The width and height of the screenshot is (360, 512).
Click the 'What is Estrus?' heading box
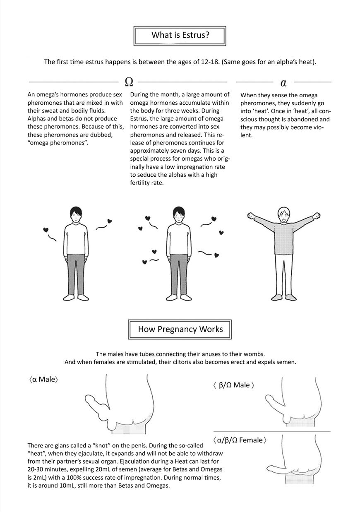(x=180, y=35)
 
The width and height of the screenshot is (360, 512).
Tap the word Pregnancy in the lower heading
(x=180, y=329)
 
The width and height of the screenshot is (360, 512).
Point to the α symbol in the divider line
(x=283, y=83)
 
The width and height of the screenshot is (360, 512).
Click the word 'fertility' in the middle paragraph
(x=142, y=183)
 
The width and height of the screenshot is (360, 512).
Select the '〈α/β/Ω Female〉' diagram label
(x=238, y=440)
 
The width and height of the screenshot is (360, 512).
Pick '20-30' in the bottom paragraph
(x=37, y=470)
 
